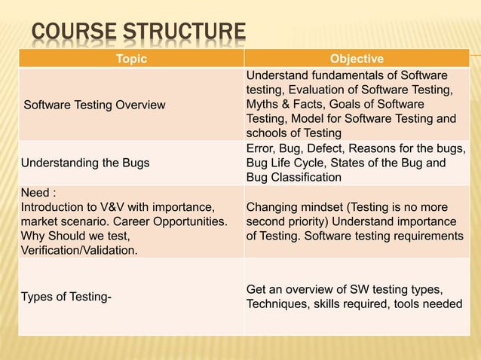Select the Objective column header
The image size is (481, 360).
point(357,59)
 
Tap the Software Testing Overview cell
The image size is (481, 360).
point(94,105)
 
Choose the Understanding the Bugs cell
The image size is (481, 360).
point(85,163)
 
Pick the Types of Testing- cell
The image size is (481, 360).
point(66,297)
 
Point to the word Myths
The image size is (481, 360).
point(265,105)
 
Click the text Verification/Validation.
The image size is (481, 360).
point(79,250)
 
